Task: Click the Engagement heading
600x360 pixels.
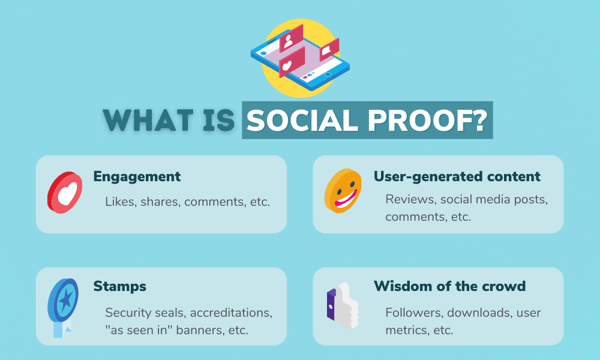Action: [137, 176]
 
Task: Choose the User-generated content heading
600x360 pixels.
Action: [457, 176]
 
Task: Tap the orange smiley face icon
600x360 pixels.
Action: [344, 190]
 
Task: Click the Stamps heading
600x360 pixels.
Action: [120, 286]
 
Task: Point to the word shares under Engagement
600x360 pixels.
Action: [160, 202]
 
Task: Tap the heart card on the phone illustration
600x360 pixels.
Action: [290, 63]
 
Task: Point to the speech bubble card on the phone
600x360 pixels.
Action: [328, 50]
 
